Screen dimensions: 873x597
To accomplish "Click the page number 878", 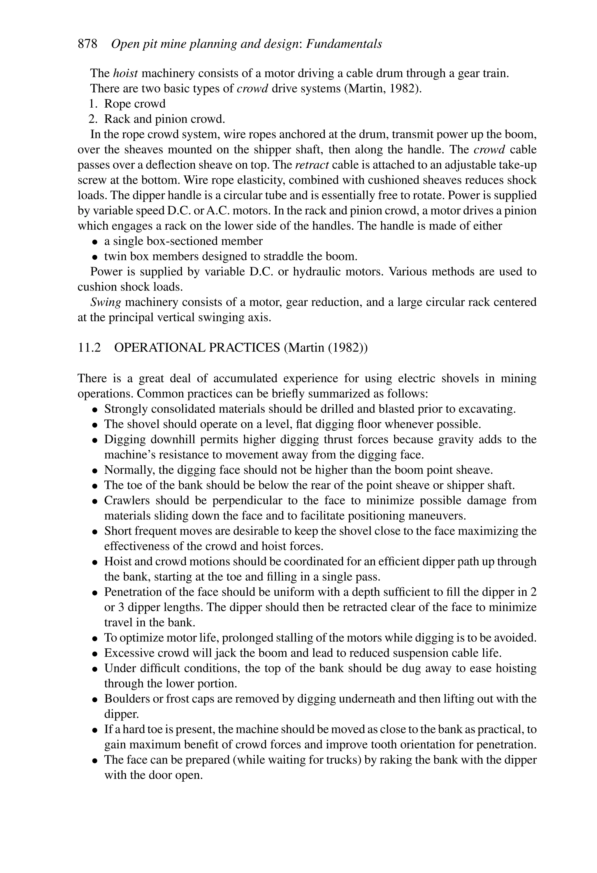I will (87, 44).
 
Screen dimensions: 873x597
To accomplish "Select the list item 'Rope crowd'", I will (134, 104).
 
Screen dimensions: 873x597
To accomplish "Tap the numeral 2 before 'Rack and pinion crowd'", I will (92, 119).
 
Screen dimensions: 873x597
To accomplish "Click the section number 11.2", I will (89, 348).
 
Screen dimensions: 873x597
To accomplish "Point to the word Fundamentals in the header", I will (344, 44).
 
